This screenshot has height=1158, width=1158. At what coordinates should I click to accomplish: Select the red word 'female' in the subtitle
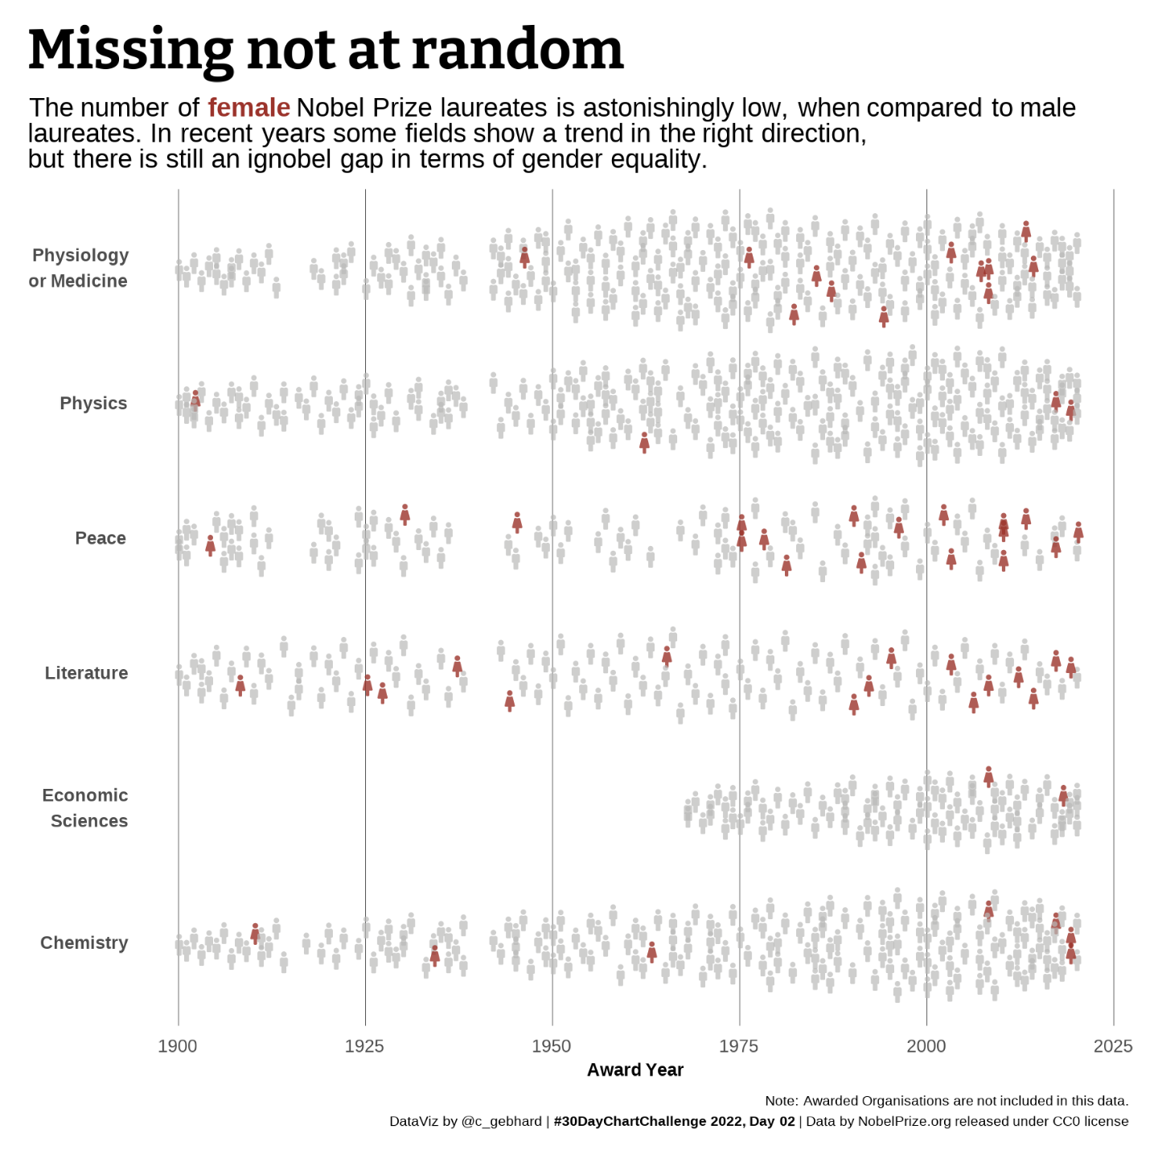click(248, 108)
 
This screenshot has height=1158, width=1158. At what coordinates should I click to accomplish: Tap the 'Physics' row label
click(93, 403)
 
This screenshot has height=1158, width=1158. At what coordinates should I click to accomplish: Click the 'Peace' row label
click(101, 538)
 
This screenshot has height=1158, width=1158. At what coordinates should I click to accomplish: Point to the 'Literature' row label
click(86, 673)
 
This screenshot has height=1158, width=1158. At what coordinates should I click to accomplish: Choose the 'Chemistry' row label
click(84, 942)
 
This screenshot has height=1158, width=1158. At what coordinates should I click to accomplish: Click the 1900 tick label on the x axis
click(178, 1046)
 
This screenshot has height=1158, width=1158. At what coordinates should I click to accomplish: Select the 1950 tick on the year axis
click(552, 1046)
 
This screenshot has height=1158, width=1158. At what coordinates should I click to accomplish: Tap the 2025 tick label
click(1113, 1046)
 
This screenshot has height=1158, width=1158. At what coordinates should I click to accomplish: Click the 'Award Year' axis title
click(634, 1070)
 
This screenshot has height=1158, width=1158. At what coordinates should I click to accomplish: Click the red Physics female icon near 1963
click(644, 441)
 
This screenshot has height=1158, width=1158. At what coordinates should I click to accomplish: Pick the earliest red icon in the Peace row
click(210, 545)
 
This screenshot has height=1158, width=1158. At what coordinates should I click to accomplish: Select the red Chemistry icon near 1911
click(255, 933)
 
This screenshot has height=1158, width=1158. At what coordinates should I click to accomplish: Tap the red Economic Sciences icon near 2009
click(988, 777)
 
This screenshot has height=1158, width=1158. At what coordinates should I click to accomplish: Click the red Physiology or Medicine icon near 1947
click(524, 257)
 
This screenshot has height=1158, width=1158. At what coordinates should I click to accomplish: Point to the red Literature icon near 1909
click(240, 684)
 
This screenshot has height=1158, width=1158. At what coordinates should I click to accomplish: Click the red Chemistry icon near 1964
click(651, 951)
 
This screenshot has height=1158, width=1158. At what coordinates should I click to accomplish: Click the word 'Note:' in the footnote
click(781, 1101)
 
